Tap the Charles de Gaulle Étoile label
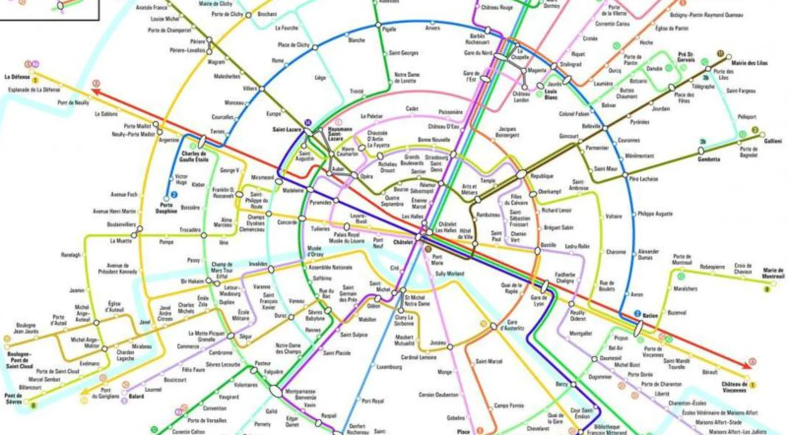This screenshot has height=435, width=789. tap(194, 156)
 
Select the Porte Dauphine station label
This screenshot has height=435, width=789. tap(166, 208)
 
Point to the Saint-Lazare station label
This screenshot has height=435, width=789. tap(287, 129)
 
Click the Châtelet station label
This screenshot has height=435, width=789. tap(402, 242)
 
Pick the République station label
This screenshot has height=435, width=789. tap(542, 176)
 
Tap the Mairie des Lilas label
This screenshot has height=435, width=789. tap(749, 63)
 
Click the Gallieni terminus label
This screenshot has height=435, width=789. tap(773, 141)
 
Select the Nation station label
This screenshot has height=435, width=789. tap(650, 315)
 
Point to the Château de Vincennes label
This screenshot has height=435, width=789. tap(734, 387)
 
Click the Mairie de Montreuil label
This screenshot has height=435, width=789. tap(773, 273)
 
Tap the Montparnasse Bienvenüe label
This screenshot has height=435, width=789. tap(300, 395)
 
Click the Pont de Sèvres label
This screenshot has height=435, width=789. tap(13, 398)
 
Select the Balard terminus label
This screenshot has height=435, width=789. tap(136, 396)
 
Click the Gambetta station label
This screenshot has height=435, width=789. tap(709, 159)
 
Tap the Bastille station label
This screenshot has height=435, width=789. tap(548, 245)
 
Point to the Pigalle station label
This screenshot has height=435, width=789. tap(389, 30)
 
